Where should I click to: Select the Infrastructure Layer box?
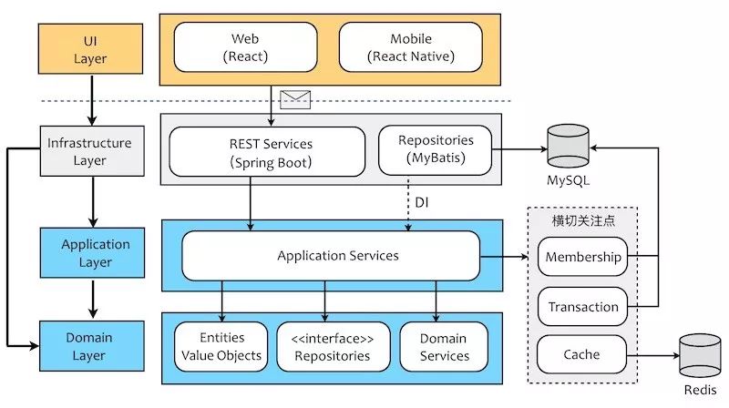pos(89,151)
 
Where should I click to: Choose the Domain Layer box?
pos(89,346)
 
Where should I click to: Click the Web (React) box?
pos(246,47)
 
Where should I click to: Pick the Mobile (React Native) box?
pos(410,47)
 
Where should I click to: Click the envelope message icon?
pos(295,99)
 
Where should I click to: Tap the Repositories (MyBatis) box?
pos(436,149)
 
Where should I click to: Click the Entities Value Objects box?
pos(221,346)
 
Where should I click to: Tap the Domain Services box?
pos(444,346)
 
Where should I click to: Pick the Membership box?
pos(582,257)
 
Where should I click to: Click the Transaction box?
pos(582,307)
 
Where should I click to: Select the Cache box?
pos(581,353)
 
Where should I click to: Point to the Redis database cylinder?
pos(699,355)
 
